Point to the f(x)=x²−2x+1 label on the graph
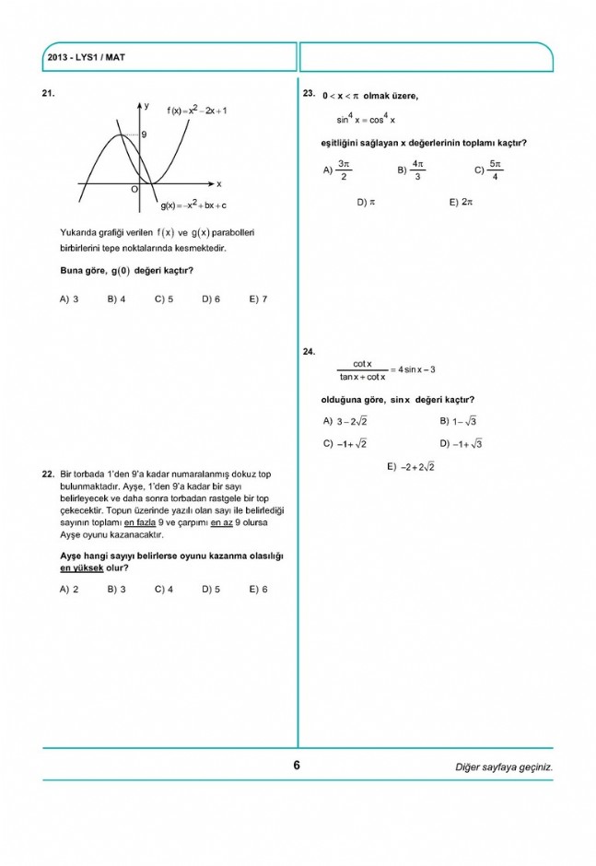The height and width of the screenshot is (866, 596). point(197,111)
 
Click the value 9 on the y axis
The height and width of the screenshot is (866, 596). point(144,135)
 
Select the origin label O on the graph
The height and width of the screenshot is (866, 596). point(134,188)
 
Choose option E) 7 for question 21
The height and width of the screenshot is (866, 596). point(258,299)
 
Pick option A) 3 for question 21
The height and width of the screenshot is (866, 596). point(69,299)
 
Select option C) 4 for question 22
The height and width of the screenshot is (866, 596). point(164,590)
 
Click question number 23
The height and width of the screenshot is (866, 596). point(310,94)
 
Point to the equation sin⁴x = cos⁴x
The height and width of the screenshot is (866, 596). point(366,119)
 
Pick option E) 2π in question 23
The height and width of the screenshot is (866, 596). point(461,202)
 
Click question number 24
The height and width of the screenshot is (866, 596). point(310,351)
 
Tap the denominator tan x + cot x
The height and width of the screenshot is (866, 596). point(362,377)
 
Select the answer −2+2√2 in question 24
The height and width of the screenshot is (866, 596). point(418,467)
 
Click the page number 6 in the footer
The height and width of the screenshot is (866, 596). point(297,765)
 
